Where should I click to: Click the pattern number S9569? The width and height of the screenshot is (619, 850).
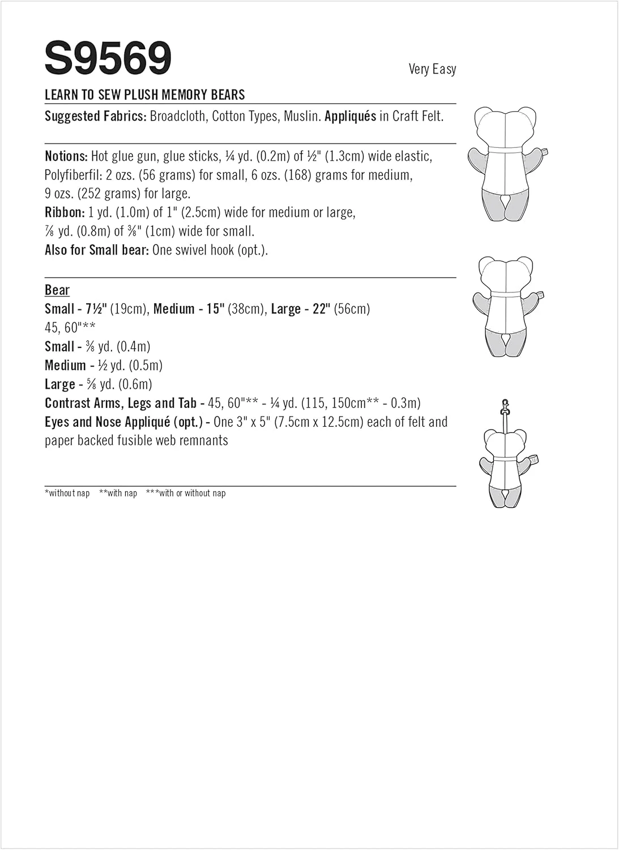(108, 59)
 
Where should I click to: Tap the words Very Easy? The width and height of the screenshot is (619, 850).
(432, 69)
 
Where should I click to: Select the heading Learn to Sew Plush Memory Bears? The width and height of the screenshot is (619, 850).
(144, 95)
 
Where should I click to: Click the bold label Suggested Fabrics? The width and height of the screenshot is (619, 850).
(95, 116)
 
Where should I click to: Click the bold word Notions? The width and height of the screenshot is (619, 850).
(66, 156)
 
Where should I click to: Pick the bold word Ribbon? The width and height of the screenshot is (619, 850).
(65, 212)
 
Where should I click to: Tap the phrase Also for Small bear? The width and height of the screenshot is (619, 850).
(97, 250)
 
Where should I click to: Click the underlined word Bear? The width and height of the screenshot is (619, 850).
(57, 290)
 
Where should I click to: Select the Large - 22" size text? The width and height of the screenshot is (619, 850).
(300, 309)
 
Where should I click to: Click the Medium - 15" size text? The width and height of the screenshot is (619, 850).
(189, 309)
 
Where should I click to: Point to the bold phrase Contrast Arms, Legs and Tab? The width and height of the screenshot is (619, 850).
(120, 403)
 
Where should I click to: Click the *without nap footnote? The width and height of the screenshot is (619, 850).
(67, 493)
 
